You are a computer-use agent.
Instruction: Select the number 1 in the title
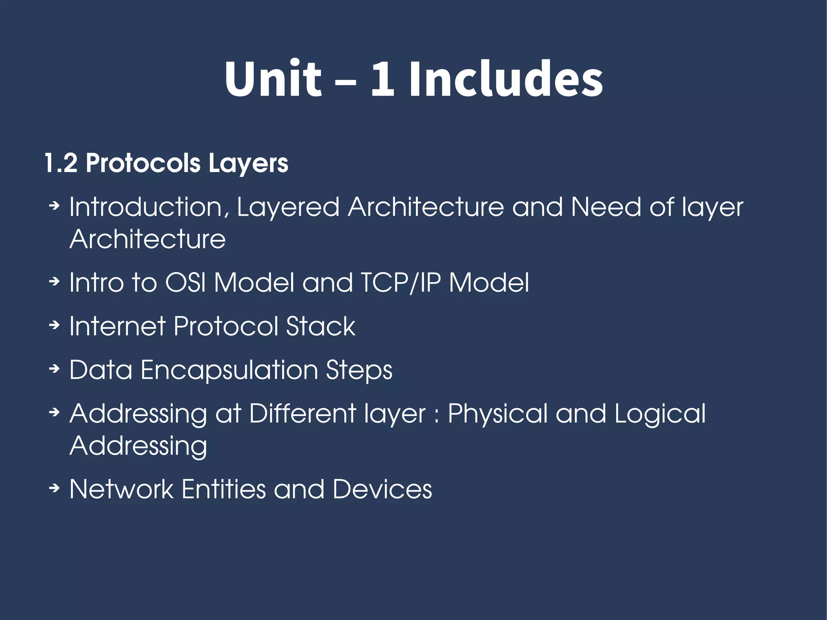382,79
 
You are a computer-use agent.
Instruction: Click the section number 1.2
61,163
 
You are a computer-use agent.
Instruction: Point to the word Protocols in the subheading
143,163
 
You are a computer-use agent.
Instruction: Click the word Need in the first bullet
606,207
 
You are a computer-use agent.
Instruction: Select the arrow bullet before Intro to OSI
54,281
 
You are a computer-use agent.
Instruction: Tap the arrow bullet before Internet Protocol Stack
54,325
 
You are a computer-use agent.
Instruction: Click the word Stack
321,326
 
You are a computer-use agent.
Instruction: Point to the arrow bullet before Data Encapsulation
54,368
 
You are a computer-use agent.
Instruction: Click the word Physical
497,414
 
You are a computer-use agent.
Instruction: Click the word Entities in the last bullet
224,489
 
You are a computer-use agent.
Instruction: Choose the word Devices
382,489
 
